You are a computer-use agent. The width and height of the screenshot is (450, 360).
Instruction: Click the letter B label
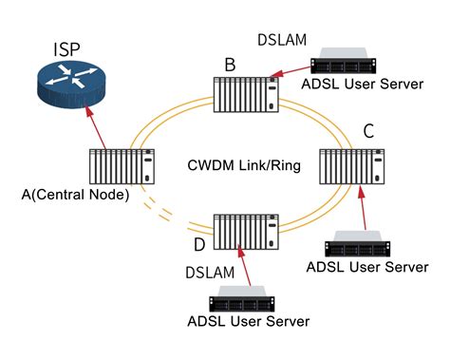pos(229,65)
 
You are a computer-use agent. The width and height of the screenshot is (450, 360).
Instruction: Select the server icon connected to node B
pos(348,63)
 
